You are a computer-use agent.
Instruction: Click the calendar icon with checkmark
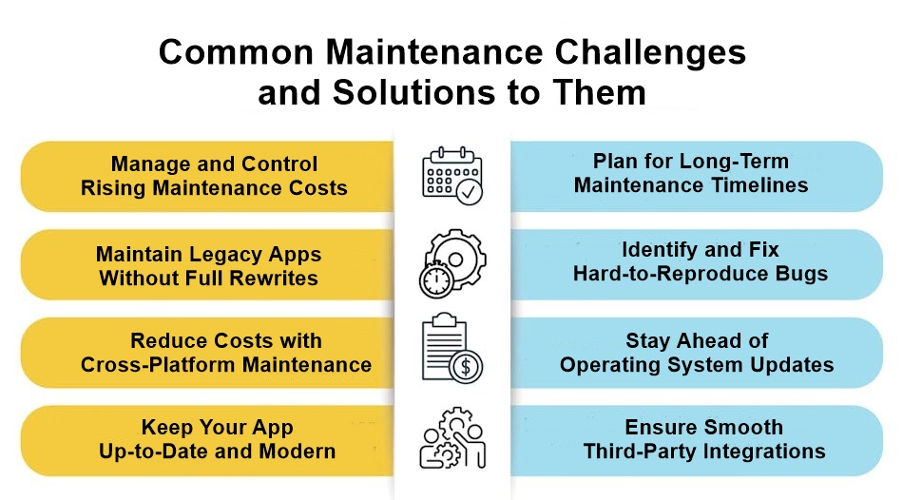click(x=452, y=176)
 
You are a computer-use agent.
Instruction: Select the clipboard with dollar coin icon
click(x=451, y=351)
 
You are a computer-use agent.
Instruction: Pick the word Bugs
click(x=802, y=274)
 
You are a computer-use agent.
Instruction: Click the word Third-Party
click(x=639, y=452)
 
